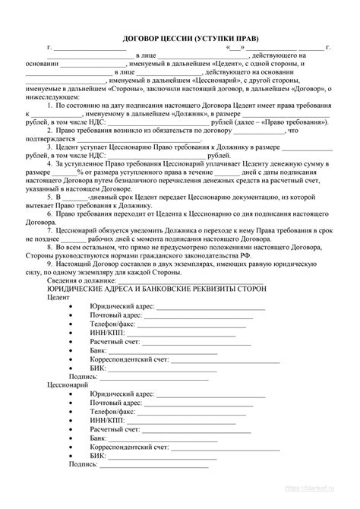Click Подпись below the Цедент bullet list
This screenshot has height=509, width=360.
[x=82, y=375]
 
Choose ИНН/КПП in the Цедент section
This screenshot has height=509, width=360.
[x=106, y=332]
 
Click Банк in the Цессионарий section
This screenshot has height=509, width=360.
[x=98, y=438]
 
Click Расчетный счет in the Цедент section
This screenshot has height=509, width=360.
[x=114, y=343]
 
